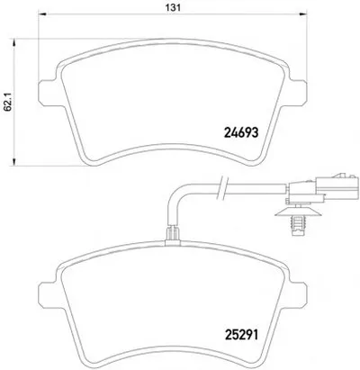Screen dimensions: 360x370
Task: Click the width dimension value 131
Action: pyautogui.click(x=174, y=7)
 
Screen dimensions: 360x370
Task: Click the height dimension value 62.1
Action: pyautogui.click(x=8, y=102)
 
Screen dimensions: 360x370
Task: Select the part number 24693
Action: pyautogui.click(x=241, y=132)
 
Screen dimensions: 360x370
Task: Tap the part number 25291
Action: pyautogui.click(x=241, y=335)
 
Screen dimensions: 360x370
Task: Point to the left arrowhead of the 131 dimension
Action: pyautogui.click(x=42, y=14)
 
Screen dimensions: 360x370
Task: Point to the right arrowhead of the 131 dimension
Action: pyautogui.click(x=303, y=14)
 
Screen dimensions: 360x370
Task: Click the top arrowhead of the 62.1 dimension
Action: pyautogui.click(x=13, y=42)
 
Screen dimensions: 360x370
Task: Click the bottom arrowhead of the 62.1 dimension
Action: pyautogui.click(x=13, y=162)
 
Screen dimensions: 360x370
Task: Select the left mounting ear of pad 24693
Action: pyautogui.click(x=48, y=93)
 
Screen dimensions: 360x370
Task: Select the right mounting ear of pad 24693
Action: pyautogui.click(x=298, y=93)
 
